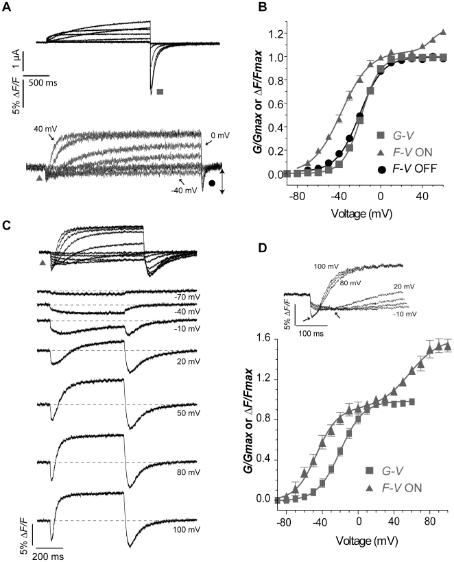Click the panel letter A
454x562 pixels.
(8, 7)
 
